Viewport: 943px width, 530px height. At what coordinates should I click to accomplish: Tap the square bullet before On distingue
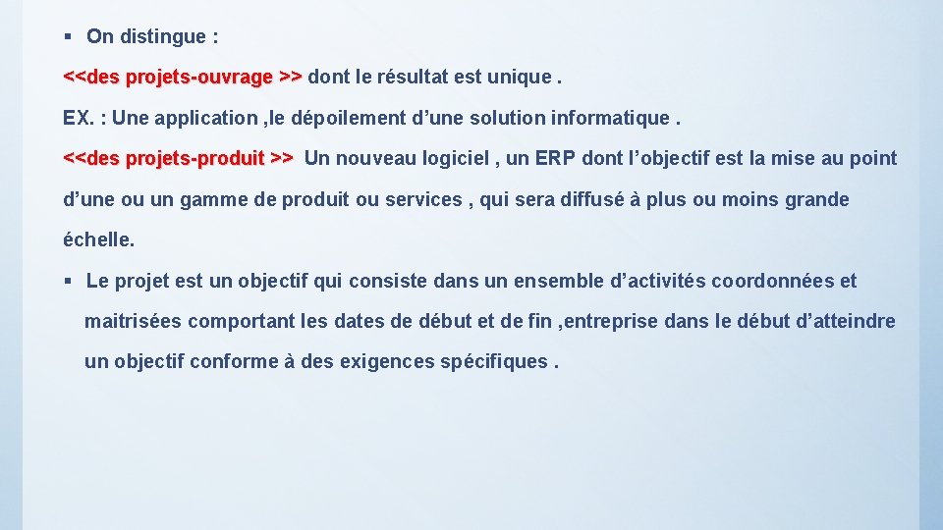click(68, 37)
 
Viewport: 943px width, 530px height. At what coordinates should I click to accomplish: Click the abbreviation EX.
click(78, 118)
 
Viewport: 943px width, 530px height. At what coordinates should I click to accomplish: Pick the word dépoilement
click(333, 118)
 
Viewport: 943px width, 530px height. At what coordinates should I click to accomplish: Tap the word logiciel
click(460, 158)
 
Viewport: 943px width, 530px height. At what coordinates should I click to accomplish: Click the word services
click(422, 199)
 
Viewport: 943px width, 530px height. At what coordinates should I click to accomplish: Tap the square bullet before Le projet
click(68, 282)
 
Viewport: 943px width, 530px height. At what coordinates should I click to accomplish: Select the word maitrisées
click(133, 321)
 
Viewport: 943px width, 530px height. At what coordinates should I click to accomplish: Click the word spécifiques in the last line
click(494, 361)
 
